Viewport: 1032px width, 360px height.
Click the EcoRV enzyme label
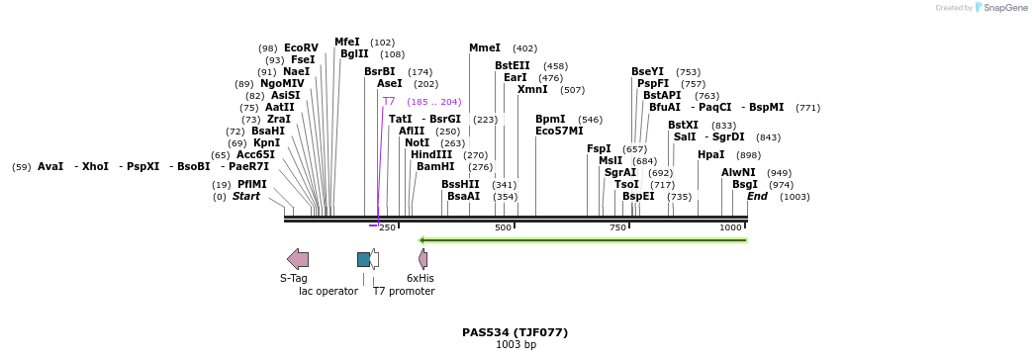tap(301, 47)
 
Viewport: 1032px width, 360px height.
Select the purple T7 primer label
tap(389, 102)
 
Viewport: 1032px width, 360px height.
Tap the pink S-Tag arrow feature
tap(298, 259)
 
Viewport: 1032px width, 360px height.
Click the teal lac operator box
tap(363, 259)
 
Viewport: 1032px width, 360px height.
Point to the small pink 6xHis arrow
tap(423, 259)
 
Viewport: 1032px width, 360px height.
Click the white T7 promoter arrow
tap(374, 259)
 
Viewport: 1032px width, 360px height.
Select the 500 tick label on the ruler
tap(503, 227)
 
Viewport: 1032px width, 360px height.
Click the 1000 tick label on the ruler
tap(730, 227)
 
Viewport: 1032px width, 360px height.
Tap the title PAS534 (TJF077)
tap(515, 332)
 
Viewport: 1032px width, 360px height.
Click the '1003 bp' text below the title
tap(516, 345)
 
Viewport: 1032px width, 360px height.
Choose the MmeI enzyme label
tap(485, 47)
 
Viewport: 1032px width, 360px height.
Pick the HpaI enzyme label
tap(710, 154)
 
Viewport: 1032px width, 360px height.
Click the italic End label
tap(757, 197)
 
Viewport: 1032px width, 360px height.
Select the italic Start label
tap(245, 197)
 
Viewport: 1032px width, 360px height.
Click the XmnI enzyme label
tap(532, 90)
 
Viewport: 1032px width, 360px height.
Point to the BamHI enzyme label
tap(435, 167)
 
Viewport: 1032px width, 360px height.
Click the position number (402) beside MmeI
tap(524, 48)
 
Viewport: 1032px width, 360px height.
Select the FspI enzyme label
tap(599, 148)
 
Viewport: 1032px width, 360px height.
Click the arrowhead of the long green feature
tap(422, 239)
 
